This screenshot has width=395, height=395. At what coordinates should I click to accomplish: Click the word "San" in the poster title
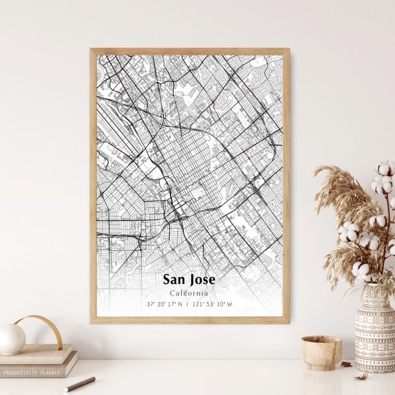[174, 280]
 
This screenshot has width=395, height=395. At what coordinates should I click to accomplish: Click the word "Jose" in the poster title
[202, 280]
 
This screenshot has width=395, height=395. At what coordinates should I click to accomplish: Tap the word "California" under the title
[189, 293]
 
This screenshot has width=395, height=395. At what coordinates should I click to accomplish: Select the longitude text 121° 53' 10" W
[213, 304]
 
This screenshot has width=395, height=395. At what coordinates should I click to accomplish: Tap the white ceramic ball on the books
[12, 338]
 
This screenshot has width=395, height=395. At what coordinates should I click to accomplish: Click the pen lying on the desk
[80, 384]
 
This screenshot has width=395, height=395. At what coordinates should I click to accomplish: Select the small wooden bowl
[321, 352]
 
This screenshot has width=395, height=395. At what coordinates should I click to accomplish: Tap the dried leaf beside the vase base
[347, 363]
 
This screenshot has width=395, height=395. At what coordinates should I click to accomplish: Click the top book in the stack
[36, 355]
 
